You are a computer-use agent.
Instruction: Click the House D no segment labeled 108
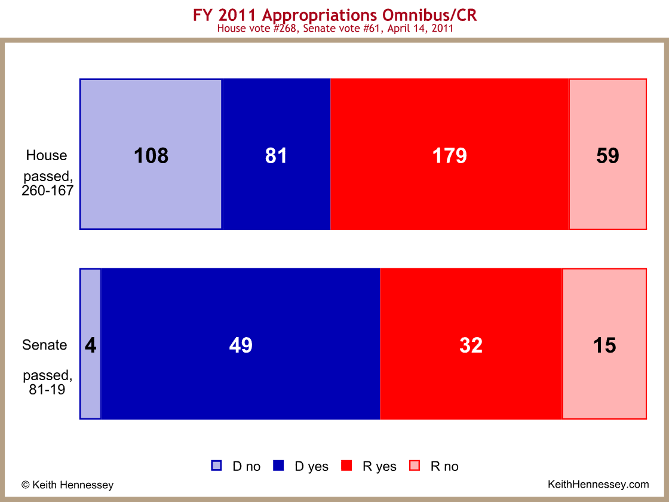pos(151,154)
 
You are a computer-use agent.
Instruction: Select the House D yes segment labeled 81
pos(277,154)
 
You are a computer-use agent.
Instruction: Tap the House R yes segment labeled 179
pos(450,154)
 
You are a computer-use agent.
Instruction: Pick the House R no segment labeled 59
pos(608,154)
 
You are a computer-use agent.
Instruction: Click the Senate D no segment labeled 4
pos(91,344)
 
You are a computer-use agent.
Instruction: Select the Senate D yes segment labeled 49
pos(241,344)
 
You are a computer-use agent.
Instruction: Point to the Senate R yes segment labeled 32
pos(471,344)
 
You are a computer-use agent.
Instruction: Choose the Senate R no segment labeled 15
pos(604,344)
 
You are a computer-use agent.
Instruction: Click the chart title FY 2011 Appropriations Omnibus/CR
pos(335,16)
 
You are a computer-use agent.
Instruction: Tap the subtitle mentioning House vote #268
pos(335,29)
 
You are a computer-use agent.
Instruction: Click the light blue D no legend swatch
pos(216,466)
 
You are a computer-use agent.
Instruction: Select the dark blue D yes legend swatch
pos(278,466)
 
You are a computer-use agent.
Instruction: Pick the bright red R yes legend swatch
pos(346,466)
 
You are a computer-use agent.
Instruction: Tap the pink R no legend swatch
pos(415,466)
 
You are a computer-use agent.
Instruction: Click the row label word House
pos(47,155)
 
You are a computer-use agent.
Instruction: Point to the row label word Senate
pos(44,345)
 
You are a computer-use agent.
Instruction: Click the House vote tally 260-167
pos(48,191)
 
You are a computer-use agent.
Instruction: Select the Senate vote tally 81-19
pos(47,389)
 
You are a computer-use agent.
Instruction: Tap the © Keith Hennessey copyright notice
pos(67,485)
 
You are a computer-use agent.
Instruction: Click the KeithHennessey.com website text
pos(598,485)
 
